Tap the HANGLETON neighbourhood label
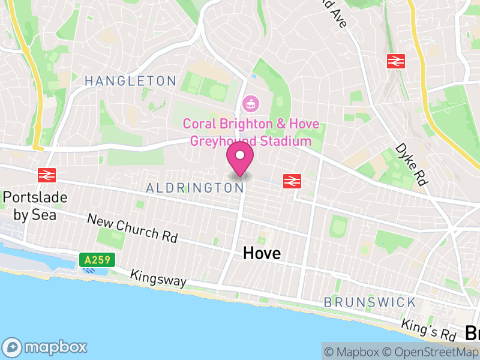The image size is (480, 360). [130, 80]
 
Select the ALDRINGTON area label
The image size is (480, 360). [195, 188]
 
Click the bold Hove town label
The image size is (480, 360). [262, 253]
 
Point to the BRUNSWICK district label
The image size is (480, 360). [369, 301]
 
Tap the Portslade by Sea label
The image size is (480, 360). [35, 205]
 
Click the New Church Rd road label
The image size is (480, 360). [133, 228]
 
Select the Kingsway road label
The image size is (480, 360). [159, 278]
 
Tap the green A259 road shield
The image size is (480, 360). [96, 260]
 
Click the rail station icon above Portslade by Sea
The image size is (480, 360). [47, 175]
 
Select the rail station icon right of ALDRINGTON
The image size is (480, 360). [292, 181]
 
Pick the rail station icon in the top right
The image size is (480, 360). [397, 60]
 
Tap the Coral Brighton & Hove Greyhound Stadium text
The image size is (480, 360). [251, 133]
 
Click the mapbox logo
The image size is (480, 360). [45, 347]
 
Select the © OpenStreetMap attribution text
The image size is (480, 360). [430, 352]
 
